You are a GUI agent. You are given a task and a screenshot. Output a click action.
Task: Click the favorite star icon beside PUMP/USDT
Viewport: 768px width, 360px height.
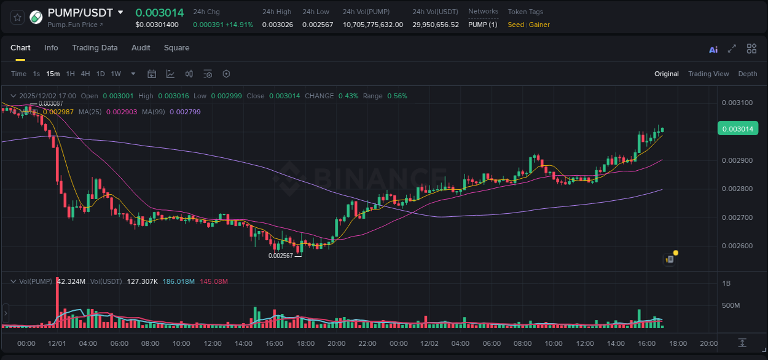click(18, 17)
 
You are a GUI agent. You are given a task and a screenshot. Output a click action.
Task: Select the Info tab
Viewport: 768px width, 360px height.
click(51, 48)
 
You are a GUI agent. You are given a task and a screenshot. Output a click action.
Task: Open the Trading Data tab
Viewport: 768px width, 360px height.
click(95, 48)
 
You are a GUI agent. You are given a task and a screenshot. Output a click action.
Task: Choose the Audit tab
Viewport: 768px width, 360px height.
click(141, 48)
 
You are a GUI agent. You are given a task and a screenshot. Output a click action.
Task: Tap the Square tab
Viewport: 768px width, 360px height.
click(176, 48)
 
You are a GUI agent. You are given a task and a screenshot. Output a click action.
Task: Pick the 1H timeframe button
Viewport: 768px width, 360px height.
click(70, 74)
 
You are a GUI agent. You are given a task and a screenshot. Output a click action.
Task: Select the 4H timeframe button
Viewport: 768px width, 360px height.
click(85, 74)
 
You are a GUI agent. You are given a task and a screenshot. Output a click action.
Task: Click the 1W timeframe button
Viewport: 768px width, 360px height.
click(116, 74)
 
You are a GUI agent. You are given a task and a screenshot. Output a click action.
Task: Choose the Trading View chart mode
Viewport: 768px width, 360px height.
click(708, 74)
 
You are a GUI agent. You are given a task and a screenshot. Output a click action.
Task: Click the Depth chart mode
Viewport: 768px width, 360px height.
click(748, 74)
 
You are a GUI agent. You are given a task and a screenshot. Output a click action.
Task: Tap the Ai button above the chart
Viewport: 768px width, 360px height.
click(713, 50)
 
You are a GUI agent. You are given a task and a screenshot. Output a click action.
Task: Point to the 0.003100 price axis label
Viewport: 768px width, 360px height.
click(737, 103)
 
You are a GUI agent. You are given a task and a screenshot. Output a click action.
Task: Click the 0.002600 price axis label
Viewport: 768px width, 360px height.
click(737, 246)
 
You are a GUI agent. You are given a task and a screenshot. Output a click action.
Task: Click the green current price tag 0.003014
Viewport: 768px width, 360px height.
click(737, 128)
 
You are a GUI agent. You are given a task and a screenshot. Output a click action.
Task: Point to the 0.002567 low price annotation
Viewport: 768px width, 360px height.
click(280, 256)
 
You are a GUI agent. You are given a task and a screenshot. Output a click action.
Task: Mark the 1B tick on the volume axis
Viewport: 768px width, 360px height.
click(726, 283)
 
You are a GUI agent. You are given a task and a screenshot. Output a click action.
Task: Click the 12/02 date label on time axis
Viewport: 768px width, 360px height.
click(429, 343)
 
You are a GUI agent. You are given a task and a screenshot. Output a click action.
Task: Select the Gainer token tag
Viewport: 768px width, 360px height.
click(539, 25)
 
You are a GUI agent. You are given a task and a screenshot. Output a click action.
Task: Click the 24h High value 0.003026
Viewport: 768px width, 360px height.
click(277, 25)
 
